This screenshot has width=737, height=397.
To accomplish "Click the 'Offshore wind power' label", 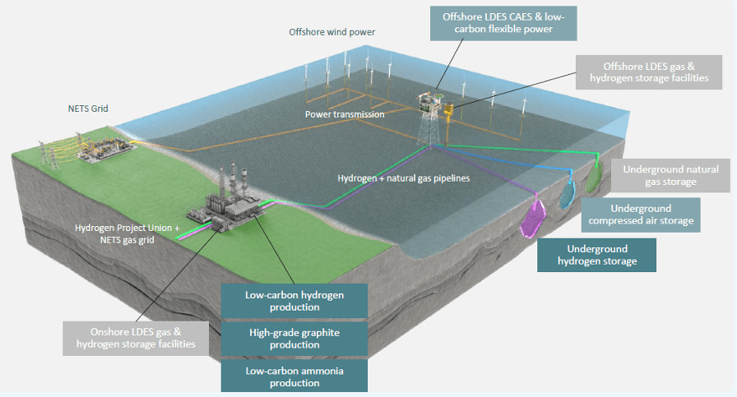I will pos(332,32).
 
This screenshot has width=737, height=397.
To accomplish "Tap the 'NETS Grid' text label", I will pos(88,108).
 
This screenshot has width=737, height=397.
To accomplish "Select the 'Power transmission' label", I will pos(344,114).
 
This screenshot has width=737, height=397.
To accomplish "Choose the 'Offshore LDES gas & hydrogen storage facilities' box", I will pos(650,72).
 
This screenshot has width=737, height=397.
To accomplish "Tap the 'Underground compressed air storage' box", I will pos(642,215).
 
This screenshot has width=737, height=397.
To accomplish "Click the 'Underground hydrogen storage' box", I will pos(596,255).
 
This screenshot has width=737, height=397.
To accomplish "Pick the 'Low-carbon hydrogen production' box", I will pos(294,300).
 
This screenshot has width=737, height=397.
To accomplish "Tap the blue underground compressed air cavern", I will pos(568,192).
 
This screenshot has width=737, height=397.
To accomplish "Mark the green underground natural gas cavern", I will pos(596,172).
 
